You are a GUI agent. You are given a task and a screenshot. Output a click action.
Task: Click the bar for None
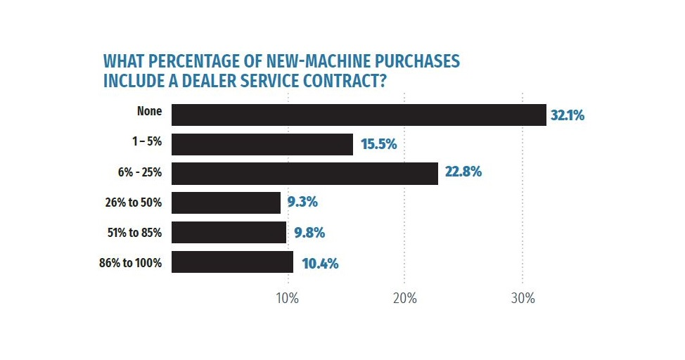[x=359, y=115]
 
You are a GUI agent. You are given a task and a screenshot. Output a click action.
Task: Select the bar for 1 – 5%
[x=262, y=144]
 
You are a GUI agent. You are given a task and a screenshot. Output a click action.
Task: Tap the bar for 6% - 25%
[x=305, y=174]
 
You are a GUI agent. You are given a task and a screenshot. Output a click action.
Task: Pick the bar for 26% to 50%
[x=226, y=202]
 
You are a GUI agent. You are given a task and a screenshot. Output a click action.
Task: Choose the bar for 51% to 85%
[x=229, y=232]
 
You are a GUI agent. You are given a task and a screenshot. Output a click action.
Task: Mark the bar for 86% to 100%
[x=232, y=262]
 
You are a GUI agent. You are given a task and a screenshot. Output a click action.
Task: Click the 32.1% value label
[x=568, y=115]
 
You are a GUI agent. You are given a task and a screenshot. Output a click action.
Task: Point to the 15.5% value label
[x=379, y=145]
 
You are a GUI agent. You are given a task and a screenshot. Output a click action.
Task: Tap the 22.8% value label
[x=463, y=172]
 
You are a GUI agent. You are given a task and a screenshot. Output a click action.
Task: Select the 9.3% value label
[x=302, y=202]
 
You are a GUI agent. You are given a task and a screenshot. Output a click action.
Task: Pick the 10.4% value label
[x=320, y=264]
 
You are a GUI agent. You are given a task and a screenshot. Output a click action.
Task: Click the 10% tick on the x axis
[x=288, y=297]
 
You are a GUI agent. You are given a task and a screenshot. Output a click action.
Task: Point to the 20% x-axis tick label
[x=405, y=297]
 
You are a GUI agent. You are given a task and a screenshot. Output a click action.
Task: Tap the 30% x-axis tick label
[x=523, y=297]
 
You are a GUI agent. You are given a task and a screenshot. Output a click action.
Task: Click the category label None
[x=150, y=112]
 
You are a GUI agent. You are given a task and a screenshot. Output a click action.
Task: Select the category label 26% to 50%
[x=134, y=202]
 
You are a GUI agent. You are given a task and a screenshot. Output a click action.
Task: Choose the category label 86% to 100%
[x=132, y=264]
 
